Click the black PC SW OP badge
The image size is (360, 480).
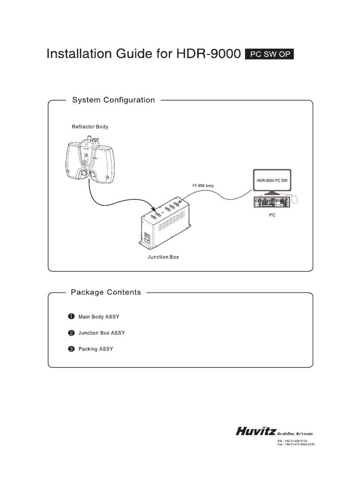pyautogui.click(x=270, y=54)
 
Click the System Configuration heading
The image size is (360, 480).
pyautogui.click(x=112, y=100)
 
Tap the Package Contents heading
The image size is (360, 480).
pyautogui.click(x=105, y=292)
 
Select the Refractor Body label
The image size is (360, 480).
pyautogui.click(x=90, y=127)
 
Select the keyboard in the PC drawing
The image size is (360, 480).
pyautogui.click(x=269, y=202)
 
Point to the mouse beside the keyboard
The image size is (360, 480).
pyautogui.click(x=294, y=199)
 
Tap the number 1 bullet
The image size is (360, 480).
pyautogui.click(x=71, y=316)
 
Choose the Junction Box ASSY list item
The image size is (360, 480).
pyautogui.click(x=101, y=333)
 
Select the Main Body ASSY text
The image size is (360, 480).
pyautogui.click(x=98, y=317)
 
